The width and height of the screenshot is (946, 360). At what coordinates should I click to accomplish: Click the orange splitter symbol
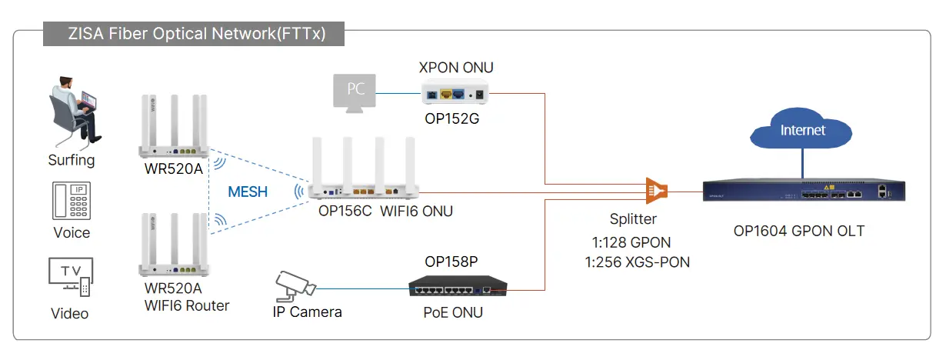[x=657, y=191]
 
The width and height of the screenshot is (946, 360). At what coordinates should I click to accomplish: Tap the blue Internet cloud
[x=801, y=128]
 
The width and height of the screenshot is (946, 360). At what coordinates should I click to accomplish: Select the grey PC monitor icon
[x=355, y=93]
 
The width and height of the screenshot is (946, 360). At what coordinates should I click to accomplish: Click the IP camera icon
[x=295, y=285]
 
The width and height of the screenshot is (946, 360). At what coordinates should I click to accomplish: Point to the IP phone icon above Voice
[x=72, y=201]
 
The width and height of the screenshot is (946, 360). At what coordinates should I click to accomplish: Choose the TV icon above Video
[x=71, y=277]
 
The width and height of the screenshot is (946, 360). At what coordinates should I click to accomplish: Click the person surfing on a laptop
[x=75, y=112]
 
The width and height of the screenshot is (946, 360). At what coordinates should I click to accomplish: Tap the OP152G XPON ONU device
[x=455, y=92]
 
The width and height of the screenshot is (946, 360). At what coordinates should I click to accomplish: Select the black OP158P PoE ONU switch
[x=458, y=286]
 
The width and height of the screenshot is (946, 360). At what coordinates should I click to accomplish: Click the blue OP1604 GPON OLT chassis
[x=804, y=191]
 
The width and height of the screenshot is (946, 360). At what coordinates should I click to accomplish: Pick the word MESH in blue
[x=248, y=192]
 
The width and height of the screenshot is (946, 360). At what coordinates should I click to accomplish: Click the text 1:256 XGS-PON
[x=638, y=262]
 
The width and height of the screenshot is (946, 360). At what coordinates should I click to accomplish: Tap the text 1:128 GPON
[x=631, y=242]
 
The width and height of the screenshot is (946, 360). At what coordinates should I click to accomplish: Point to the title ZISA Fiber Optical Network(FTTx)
[x=197, y=34]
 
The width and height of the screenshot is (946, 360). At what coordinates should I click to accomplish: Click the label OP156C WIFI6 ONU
[x=385, y=212]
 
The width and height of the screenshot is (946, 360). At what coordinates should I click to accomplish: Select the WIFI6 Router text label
[x=187, y=305]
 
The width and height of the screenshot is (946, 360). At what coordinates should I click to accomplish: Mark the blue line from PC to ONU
[x=398, y=93]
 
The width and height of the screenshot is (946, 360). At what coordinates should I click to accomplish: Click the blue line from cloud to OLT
[x=802, y=163]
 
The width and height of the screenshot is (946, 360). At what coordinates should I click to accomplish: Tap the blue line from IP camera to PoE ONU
[x=362, y=289]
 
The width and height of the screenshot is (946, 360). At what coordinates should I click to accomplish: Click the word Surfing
[x=72, y=160]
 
